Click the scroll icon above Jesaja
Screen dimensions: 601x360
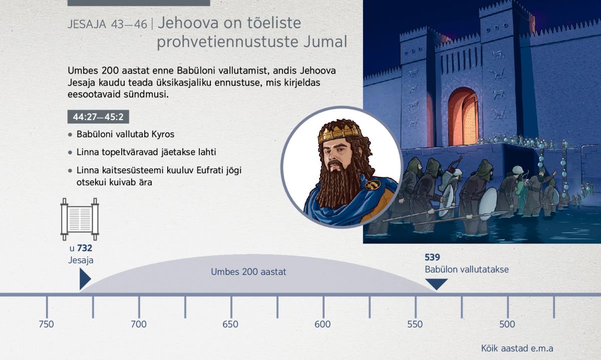coord(80,219)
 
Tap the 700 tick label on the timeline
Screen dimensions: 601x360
coord(139,324)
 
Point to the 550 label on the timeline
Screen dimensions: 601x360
coord(415,324)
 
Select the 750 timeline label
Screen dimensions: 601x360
coord(46,324)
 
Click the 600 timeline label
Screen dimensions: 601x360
coord(323,324)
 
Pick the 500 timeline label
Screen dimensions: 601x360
coord(507,324)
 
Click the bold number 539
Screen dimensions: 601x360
coord(432,257)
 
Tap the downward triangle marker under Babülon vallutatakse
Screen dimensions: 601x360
coord(437,284)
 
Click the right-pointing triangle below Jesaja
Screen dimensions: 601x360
coord(85,279)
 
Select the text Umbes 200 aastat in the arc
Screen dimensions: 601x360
coord(248,272)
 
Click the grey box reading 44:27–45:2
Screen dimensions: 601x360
coord(98,117)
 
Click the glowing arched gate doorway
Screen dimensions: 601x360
coord(463,116)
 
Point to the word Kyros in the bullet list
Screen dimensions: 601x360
coord(163,134)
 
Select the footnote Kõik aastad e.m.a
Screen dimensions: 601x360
coord(517,348)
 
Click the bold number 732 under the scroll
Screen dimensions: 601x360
coord(85,248)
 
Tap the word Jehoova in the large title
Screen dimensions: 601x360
coord(188,23)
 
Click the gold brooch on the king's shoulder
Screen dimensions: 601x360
coord(373,185)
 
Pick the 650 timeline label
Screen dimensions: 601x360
coord(230,324)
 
